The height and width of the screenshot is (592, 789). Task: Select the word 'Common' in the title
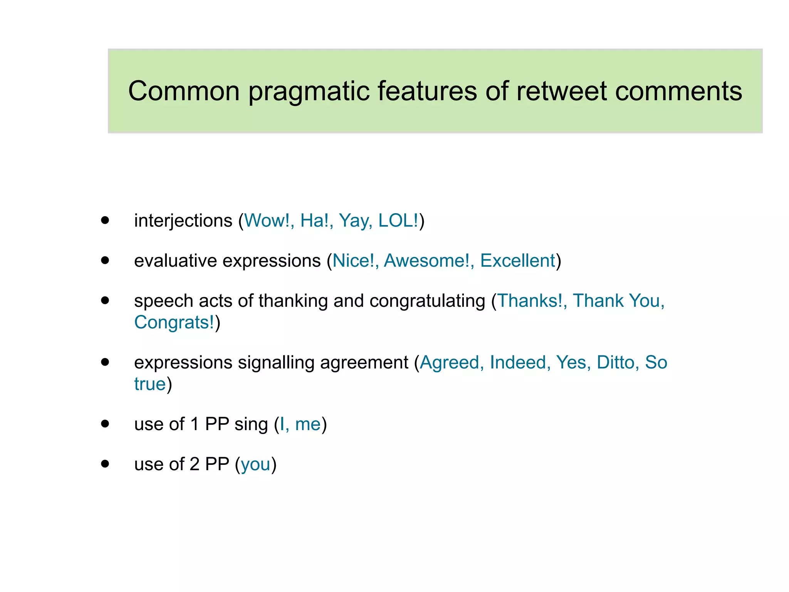pyautogui.click(x=184, y=91)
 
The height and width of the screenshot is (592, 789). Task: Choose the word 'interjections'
pyautogui.click(x=183, y=221)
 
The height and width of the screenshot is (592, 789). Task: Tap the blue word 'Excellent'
pyautogui.click(x=517, y=261)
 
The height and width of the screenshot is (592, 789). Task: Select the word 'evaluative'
pyautogui.click(x=175, y=261)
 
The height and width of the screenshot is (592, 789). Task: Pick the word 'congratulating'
pyautogui.click(x=427, y=301)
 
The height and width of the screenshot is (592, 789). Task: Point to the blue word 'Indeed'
pyautogui.click(x=518, y=363)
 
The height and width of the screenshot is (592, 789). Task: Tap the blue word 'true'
pyautogui.click(x=150, y=384)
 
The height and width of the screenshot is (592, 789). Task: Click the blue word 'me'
pyautogui.click(x=308, y=424)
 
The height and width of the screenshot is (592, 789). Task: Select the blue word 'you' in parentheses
pyautogui.click(x=255, y=464)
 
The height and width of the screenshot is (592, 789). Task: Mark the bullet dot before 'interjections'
pyautogui.click(x=105, y=220)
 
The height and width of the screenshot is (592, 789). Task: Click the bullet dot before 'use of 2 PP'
pyautogui.click(x=105, y=464)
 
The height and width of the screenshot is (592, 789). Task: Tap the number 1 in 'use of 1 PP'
pyautogui.click(x=195, y=424)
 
